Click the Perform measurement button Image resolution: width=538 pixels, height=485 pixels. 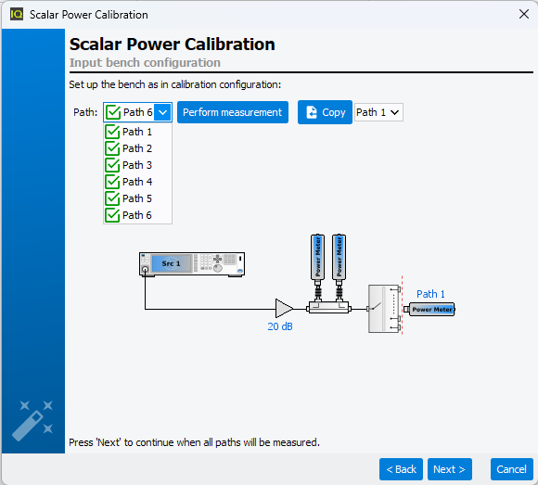(x=233, y=112)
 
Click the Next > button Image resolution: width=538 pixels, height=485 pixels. (x=450, y=469)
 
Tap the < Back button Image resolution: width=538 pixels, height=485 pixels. (x=401, y=469)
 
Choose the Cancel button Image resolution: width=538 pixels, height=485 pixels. (x=512, y=469)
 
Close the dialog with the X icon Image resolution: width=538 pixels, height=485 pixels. (x=524, y=14)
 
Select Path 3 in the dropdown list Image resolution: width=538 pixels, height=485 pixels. (x=137, y=165)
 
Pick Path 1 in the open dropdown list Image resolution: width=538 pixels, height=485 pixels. (x=137, y=132)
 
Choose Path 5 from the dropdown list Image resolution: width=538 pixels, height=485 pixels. (x=137, y=198)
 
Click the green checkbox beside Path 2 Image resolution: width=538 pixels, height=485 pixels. (x=112, y=148)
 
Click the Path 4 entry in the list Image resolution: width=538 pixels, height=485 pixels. (x=137, y=182)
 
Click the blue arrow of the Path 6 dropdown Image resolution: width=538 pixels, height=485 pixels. (x=163, y=112)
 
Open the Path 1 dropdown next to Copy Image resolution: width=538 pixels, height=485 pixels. (x=378, y=112)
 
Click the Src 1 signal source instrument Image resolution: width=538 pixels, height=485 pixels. (x=192, y=264)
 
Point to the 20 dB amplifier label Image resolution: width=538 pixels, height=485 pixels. (x=280, y=326)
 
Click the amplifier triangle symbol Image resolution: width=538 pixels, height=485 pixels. (x=284, y=309)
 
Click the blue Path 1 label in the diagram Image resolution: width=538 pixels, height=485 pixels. (x=430, y=294)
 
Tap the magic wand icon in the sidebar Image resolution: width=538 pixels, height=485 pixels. (x=32, y=420)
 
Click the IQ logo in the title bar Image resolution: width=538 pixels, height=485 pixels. (x=17, y=15)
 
